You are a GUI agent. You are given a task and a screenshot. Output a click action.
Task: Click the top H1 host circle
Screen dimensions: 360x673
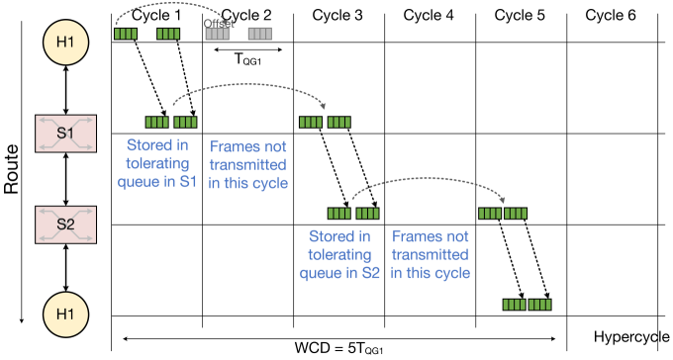pos(66,43)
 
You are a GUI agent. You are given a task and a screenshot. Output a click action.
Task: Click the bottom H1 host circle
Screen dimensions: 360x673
pos(66,314)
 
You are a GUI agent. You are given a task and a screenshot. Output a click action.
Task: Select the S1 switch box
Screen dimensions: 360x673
pos(65,134)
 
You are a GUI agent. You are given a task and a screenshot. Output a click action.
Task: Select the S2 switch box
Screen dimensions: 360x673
pos(65,225)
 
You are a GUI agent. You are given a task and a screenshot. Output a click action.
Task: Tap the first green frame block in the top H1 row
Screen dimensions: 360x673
pos(125,34)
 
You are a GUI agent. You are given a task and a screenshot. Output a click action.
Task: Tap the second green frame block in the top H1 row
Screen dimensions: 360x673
pos(168,34)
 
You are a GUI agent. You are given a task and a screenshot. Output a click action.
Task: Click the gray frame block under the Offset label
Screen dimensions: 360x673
pos(217,34)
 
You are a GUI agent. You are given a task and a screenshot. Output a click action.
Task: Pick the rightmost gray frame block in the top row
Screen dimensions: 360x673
pos(259,34)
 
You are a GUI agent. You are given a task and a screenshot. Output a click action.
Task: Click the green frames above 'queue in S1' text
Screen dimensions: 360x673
pos(170,123)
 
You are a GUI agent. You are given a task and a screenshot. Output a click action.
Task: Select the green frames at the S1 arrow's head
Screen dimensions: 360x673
pos(326,123)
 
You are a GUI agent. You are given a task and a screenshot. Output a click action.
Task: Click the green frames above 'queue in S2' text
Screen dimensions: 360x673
pos(353,213)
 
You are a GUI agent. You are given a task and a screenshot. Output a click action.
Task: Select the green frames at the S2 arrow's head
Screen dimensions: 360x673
pos(503,213)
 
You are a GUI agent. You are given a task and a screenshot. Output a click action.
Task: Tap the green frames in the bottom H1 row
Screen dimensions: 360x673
pos(527,305)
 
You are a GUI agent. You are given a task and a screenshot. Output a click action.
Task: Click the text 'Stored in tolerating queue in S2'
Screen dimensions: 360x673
pos(339,254)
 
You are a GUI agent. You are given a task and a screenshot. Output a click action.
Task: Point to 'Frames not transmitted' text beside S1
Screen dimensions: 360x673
pos(247,163)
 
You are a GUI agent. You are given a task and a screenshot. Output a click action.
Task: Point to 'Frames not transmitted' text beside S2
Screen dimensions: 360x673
pos(430,254)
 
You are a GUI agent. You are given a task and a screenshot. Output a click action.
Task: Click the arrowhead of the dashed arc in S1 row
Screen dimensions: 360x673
pos(325,107)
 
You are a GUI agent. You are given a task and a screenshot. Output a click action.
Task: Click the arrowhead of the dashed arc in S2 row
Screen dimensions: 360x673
pos(504,199)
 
